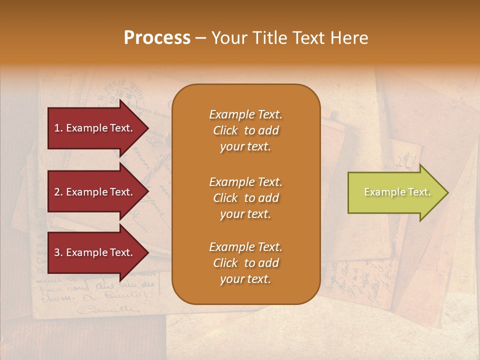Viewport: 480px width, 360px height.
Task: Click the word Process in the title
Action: tap(157, 37)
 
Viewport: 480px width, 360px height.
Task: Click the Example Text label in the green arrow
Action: tap(397, 192)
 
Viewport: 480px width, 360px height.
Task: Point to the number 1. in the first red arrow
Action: tap(58, 128)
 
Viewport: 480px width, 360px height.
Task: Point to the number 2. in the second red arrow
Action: tap(58, 192)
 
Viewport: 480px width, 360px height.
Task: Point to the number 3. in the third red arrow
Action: tap(58, 252)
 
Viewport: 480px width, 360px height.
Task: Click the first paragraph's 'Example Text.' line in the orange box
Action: tap(245, 114)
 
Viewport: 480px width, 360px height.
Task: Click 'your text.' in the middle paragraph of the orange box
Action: tap(245, 214)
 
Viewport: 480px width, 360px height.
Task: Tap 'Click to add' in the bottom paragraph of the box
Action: tap(245, 263)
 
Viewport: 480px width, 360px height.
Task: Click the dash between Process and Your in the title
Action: tap(201, 38)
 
